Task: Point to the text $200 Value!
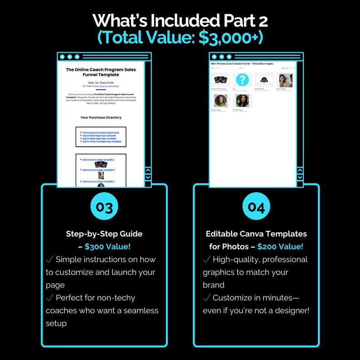280,247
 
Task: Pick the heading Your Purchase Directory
101,117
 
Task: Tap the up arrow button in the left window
147,171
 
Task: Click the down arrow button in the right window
300,177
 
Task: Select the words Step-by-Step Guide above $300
104,234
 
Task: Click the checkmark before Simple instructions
50,260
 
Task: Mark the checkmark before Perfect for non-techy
50,298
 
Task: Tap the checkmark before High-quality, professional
207,260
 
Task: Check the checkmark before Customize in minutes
207,298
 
